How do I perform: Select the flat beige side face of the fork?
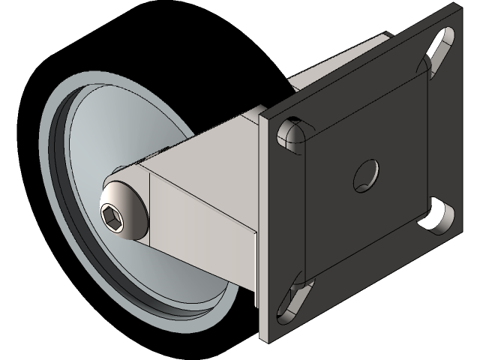tap(202, 217)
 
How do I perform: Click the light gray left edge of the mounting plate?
tap(263, 225)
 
